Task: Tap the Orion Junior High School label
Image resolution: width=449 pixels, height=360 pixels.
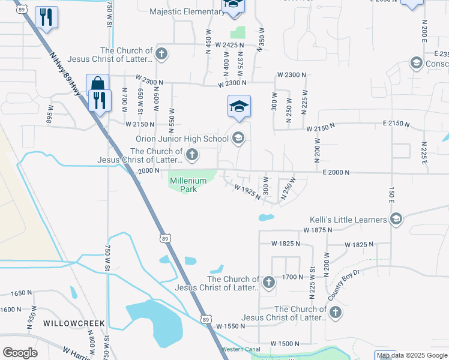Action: tap(182, 139)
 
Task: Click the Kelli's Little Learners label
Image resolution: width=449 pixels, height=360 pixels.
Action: tap(348, 220)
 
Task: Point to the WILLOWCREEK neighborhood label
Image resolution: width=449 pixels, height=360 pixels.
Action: tap(74, 323)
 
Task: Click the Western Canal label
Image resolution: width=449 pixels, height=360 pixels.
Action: tap(241, 349)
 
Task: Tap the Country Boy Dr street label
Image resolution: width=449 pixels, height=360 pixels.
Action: tap(344, 285)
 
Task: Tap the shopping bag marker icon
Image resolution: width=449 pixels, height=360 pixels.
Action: tap(97, 84)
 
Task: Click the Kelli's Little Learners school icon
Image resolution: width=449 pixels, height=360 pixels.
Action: tap(396, 220)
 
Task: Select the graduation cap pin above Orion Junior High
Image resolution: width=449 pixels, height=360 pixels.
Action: tap(239, 106)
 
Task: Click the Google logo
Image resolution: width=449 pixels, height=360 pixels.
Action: tap(20, 353)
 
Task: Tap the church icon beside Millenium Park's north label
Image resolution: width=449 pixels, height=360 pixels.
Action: tap(191, 156)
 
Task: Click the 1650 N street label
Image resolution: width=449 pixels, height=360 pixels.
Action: tap(22, 293)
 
